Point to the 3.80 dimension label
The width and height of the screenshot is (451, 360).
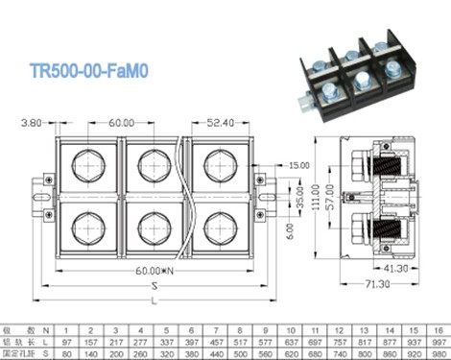point(32,123)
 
